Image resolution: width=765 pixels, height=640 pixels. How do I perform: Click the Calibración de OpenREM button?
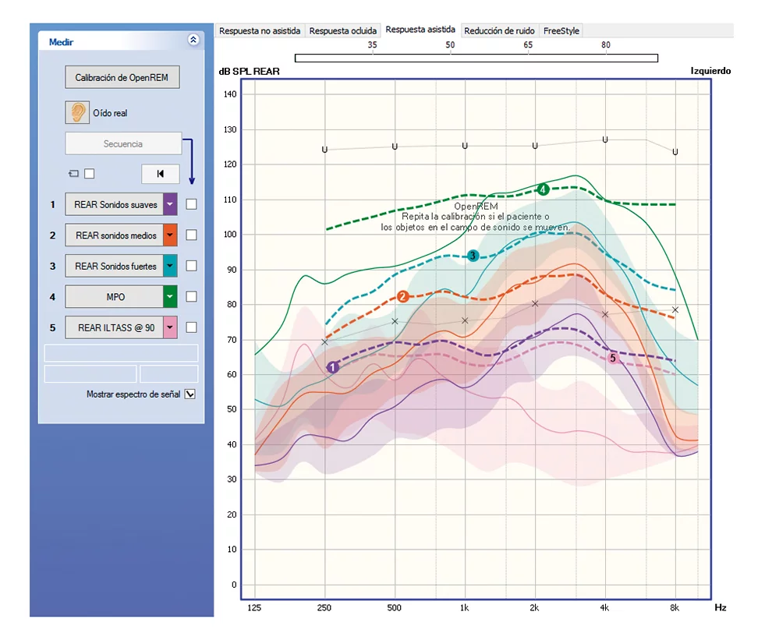click(x=122, y=78)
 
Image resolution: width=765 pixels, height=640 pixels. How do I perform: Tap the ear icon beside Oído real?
click(x=77, y=112)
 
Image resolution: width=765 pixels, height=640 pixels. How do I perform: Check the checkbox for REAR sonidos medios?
click(x=191, y=235)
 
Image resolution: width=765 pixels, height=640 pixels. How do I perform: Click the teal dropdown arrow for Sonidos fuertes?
click(x=170, y=266)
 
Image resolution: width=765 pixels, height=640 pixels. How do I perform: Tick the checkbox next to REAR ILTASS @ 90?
click(x=191, y=327)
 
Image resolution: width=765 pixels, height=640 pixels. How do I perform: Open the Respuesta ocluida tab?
click(x=342, y=31)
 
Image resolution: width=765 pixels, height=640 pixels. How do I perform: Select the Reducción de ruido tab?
click(x=499, y=31)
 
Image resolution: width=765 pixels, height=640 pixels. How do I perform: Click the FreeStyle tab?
click(x=561, y=31)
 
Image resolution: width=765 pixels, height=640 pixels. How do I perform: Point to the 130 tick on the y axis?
click(x=229, y=129)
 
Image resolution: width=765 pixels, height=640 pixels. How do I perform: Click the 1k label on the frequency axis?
click(x=465, y=607)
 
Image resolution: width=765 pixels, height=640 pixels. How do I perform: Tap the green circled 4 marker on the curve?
click(x=543, y=189)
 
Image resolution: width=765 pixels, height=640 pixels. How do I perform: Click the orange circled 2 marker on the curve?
click(x=402, y=296)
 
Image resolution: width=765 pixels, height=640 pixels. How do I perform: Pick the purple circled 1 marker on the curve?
click(x=332, y=366)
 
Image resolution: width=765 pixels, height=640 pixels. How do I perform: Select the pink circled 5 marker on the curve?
click(x=613, y=358)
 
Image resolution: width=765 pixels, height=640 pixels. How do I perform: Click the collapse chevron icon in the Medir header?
click(x=193, y=41)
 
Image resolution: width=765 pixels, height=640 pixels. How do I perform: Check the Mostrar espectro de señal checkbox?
click(x=189, y=394)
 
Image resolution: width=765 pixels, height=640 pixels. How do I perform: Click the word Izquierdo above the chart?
click(x=710, y=71)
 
